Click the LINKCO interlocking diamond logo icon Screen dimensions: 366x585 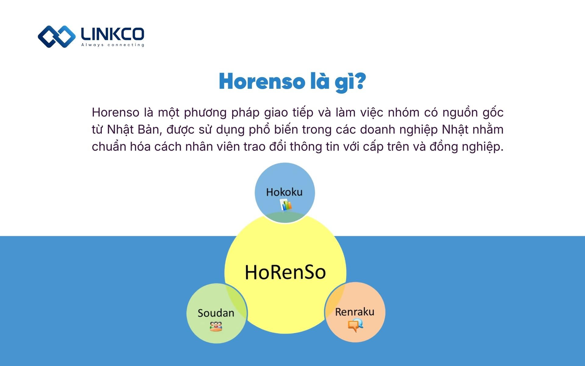[x=57, y=37]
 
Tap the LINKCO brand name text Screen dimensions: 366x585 [x=112, y=34]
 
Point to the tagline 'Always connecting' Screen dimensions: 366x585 [x=113, y=45]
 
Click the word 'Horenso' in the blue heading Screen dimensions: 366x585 [x=262, y=81]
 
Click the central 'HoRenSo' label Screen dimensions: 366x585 [x=285, y=272]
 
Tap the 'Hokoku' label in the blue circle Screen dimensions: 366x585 [x=284, y=192]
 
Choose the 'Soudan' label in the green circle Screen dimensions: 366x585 [x=216, y=313]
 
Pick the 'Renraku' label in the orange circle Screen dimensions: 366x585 [x=355, y=312]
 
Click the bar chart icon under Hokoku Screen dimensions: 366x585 [x=286, y=205]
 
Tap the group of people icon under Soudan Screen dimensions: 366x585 [x=216, y=326]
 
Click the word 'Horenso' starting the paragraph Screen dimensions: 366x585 [x=115, y=113]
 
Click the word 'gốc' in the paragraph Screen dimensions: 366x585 [x=493, y=113]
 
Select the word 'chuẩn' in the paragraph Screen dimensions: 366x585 [x=109, y=147]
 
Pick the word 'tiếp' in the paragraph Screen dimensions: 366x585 [x=303, y=113]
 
